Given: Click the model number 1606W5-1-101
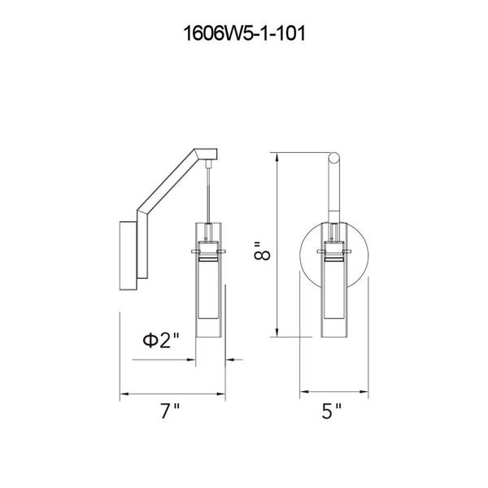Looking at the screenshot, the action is [244, 33].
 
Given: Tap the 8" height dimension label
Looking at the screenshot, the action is [262, 251].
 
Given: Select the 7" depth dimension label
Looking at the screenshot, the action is [170, 411].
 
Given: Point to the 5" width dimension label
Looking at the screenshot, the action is [331, 411].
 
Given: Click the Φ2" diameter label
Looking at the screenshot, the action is [161, 340].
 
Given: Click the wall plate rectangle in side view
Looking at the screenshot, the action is [129, 256].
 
